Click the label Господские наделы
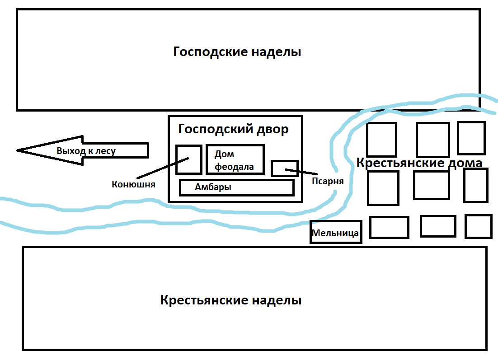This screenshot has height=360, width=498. (237, 52)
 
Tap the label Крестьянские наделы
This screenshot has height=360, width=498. (230, 300)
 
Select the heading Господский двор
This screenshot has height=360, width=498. (233, 129)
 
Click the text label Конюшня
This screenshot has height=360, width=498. (133, 184)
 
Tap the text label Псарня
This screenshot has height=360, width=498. (328, 181)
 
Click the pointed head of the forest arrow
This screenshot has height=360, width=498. (17, 150)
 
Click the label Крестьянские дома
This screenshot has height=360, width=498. (419, 163)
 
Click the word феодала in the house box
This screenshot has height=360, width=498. (234, 167)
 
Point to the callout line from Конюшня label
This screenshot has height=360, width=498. (163, 168)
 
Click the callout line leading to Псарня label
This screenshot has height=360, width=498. (301, 172)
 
